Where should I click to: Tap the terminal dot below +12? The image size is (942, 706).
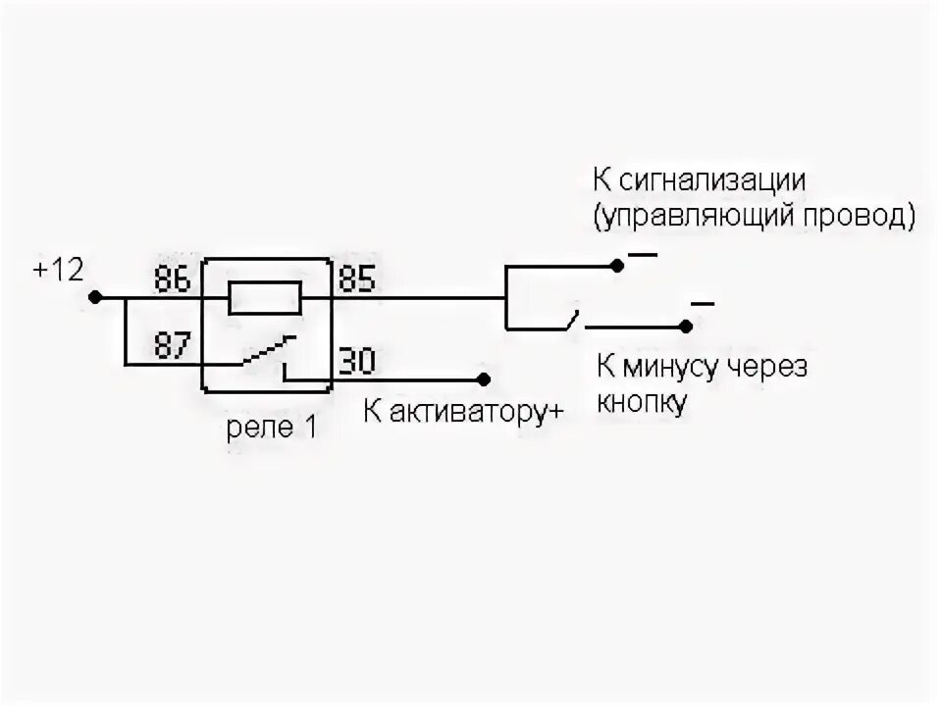click(x=94, y=297)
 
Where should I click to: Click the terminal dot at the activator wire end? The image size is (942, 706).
click(x=483, y=378)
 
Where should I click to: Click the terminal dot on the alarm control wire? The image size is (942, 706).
click(x=616, y=265)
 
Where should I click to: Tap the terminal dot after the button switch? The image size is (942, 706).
click(x=687, y=326)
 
